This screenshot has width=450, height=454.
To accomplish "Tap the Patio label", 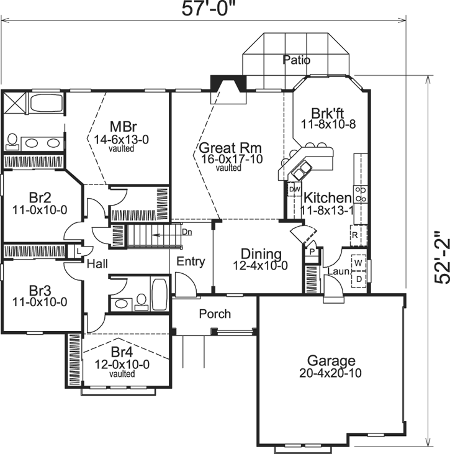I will pos(296,60).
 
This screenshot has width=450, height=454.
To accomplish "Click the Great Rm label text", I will pos(230,148).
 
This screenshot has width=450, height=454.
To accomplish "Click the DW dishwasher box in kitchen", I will pos(295,189).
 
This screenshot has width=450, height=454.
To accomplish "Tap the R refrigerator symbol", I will pos(354,235).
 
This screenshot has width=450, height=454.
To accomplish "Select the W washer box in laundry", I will pos(358,263).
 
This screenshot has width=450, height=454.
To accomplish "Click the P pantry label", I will pos(312,253).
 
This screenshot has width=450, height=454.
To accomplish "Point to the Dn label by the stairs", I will pos(187,232).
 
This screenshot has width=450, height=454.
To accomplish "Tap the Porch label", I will pos(215,314).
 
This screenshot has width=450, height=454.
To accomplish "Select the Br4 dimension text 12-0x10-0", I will pos(122,365).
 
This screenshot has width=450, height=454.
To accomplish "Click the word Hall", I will pos(97,264).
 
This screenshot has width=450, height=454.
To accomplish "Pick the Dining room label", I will pos(261,254).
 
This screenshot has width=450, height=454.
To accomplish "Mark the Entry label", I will pos(190,261).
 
